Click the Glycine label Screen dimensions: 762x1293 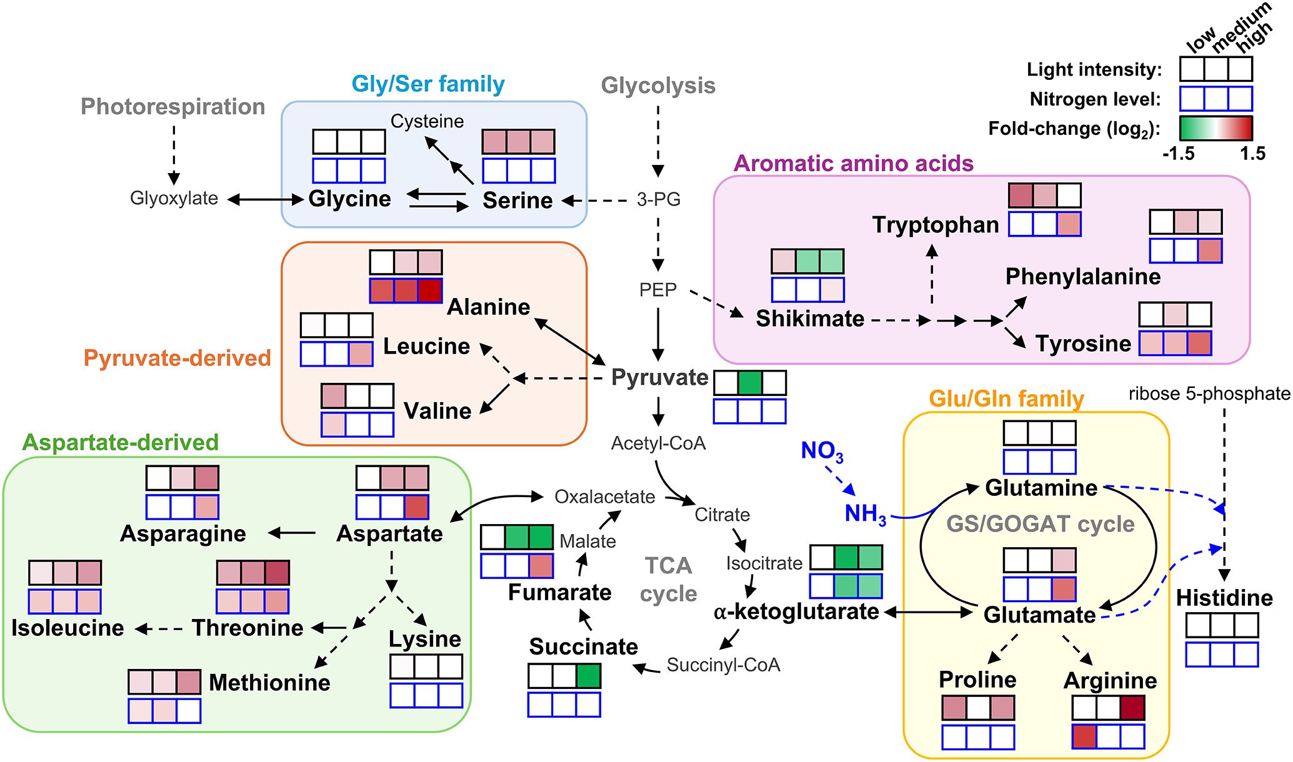click(x=349, y=199)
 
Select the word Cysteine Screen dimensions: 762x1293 click(x=427, y=121)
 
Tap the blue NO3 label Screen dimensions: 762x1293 click(x=822, y=451)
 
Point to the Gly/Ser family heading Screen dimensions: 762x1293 click(x=428, y=84)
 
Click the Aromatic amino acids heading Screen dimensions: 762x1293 click(x=853, y=164)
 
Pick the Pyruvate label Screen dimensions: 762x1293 click(x=659, y=377)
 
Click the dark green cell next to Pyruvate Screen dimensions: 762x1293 click(x=749, y=382)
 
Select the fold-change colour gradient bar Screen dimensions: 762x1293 click(x=1216, y=128)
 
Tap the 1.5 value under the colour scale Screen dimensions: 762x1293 click(x=1252, y=154)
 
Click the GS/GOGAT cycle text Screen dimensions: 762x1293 click(x=1040, y=523)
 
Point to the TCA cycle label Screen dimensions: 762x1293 click(x=668, y=579)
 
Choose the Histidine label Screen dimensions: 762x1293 click(x=1224, y=598)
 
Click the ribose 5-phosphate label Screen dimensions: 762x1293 click(x=1209, y=393)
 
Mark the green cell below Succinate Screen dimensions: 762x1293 click(x=588, y=676)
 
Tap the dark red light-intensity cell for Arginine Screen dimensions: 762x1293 click(x=1132, y=708)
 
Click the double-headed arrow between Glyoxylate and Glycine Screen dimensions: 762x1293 click(x=265, y=199)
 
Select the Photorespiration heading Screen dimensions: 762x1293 click(x=172, y=107)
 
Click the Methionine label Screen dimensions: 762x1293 click(x=269, y=683)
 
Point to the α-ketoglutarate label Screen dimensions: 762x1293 click(x=796, y=611)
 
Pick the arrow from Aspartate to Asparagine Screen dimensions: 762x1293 click(x=292, y=533)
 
